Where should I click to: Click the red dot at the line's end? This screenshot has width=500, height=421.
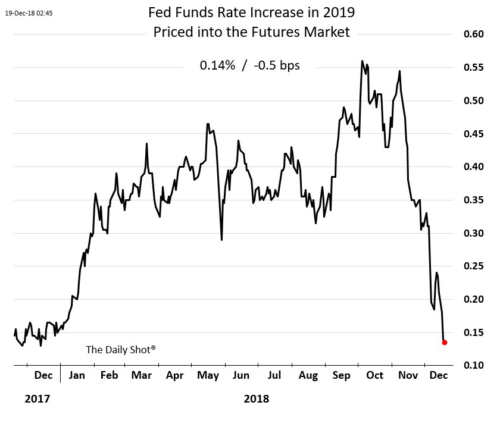click(x=444, y=342)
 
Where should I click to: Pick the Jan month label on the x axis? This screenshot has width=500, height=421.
click(x=77, y=376)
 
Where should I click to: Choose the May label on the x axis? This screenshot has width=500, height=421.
click(x=208, y=376)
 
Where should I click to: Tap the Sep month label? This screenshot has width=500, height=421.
click(x=341, y=376)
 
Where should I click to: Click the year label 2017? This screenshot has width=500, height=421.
click(x=37, y=399)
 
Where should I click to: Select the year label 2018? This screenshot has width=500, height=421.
click(x=257, y=399)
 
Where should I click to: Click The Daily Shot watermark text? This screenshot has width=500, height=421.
click(x=121, y=350)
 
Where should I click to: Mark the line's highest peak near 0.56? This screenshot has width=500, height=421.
click(x=362, y=61)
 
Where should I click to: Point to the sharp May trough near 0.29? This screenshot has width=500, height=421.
click(x=221, y=240)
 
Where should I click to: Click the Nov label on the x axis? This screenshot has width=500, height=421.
click(x=408, y=376)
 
